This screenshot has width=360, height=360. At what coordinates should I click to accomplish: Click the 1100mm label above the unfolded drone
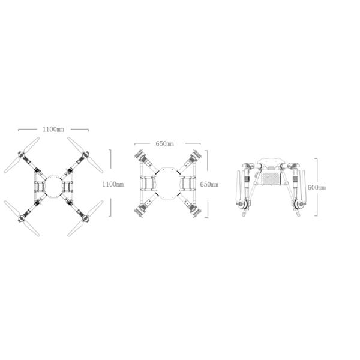click(53, 129)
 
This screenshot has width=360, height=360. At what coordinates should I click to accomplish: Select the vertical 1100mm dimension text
click(113, 184)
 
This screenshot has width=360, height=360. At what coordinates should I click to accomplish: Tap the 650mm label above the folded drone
click(164, 144)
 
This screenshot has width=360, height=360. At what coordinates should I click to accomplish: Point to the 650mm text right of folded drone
click(209, 184)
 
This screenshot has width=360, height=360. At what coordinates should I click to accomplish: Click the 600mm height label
click(317, 188)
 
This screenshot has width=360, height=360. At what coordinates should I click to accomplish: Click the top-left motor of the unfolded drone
click(22, 155)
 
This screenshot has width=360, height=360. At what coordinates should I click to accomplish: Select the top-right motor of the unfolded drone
click(86, 154)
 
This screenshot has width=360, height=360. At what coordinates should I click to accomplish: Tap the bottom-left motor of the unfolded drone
click(22, 218)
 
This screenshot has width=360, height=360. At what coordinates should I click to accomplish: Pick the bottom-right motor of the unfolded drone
click(86, 218)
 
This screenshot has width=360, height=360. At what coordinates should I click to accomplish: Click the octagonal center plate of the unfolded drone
click(54, 187)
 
